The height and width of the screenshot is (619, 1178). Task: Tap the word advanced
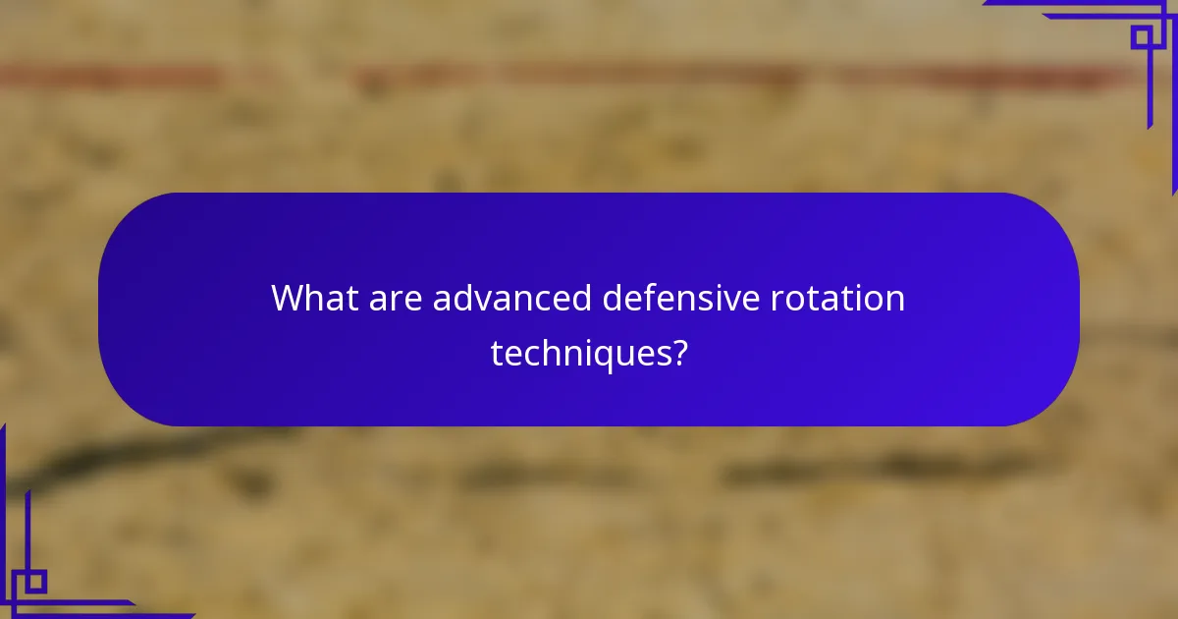(x=511, y=298)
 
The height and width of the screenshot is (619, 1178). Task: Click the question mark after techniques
(x=677, y=352)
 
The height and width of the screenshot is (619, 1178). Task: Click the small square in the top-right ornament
(x=1142, y=36)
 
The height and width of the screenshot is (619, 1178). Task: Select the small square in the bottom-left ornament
(x=35, y=582)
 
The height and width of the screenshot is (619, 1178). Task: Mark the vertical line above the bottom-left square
(x=27, y=531)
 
